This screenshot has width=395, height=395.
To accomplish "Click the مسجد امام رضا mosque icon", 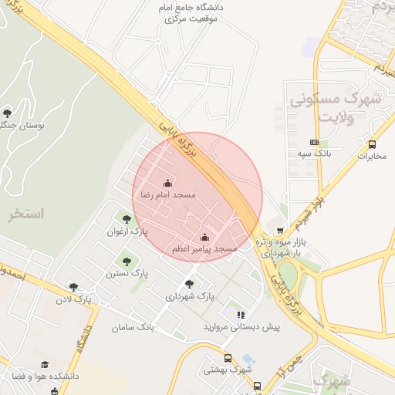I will coord(167,183).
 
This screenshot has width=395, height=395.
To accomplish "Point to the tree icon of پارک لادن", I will coord(73,287).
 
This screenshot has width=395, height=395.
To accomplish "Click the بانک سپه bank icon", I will coord(314,142).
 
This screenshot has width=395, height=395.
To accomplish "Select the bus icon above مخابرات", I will coord(373,144).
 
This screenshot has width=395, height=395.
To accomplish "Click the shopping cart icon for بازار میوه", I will coord(279,230).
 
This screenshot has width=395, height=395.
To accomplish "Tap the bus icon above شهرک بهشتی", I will coord(228,358).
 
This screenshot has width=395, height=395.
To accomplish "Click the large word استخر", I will coord(26,214).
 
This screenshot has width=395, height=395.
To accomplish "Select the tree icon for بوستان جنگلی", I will coord(8,113).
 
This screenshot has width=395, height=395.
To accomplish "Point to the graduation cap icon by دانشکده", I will coord(46,364).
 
